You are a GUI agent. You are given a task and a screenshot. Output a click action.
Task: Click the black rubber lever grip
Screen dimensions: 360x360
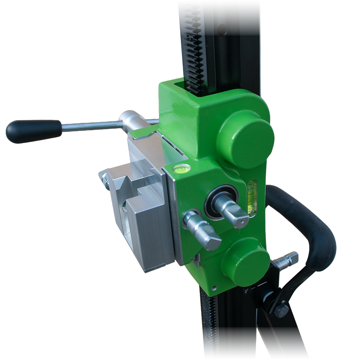tap(34, 131)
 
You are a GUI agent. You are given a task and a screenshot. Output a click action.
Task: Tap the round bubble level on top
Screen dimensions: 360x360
tap(182, 168)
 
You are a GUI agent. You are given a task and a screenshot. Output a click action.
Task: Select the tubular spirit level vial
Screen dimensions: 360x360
tap(252, 198)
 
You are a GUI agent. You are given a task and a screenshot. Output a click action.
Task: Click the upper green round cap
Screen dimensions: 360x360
tap(246, 139)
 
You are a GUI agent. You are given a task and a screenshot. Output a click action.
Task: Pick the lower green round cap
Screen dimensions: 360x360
tap(246, 262)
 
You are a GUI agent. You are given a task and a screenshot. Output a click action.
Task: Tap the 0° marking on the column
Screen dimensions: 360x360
tap(246, 291)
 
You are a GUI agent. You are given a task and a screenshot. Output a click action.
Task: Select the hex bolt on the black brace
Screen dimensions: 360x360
tap(281, 310)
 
